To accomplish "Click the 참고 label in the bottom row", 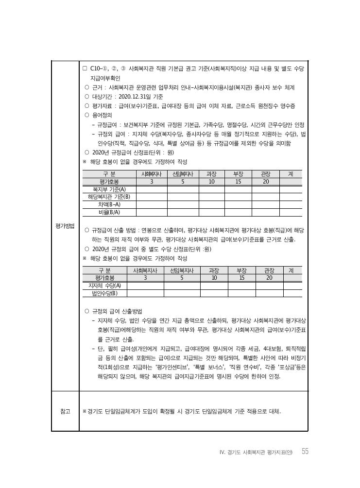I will tap(65, 411).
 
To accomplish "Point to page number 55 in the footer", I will tap(305, 452).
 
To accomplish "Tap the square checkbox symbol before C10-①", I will tap(85, 69).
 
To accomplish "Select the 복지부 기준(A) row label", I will tap(109, 189).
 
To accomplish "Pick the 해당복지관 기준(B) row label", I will tap(109, 197).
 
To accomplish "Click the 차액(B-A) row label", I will tap(109, 204).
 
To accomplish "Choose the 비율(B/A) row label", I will tap(109, 212).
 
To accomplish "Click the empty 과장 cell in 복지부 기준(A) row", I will tap(211, 189).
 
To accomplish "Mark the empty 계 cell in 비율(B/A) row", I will tap(290, 212).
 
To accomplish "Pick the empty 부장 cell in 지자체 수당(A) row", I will tap(241, 286).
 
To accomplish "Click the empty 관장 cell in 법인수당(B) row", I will tap(269, 293).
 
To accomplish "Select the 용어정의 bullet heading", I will tap(102, 116).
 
